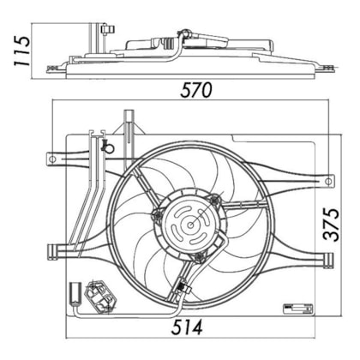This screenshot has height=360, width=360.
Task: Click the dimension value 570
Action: coord(196,90)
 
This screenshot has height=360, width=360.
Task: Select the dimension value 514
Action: coord(187,327)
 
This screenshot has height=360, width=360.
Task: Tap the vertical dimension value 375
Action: coord(331,225)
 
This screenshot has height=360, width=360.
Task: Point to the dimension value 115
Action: coord(22,51)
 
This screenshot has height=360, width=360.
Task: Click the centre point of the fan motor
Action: coord(190,225)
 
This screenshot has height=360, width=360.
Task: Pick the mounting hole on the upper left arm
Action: coord(51,159)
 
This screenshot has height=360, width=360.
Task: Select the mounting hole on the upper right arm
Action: coord(329,181)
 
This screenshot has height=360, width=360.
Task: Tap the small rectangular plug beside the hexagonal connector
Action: coord(76,293)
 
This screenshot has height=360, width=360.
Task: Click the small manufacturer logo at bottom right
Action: coord(297,309)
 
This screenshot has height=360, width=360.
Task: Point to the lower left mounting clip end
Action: coord(52,251)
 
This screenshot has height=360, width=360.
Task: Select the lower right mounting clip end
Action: coord(328,260)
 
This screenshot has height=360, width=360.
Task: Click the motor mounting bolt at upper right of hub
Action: coord(214,200)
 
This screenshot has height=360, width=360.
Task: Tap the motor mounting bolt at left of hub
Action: coord(157,215)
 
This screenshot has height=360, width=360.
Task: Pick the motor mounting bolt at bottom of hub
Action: coord(199,257)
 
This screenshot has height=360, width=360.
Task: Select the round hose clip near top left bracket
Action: coord(108,147)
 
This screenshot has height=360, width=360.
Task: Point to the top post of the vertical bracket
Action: coord(129,116)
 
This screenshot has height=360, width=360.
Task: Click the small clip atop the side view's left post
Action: coord(108,29)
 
